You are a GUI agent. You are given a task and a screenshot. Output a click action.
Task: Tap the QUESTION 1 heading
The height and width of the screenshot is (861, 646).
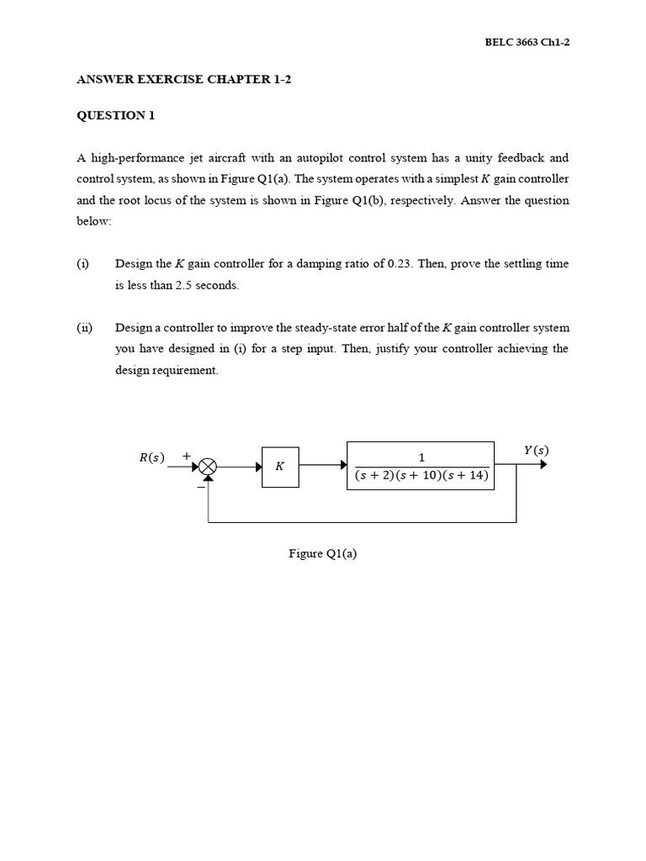pos(116,116)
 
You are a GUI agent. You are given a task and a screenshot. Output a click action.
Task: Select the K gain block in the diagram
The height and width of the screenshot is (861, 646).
pos(280,465)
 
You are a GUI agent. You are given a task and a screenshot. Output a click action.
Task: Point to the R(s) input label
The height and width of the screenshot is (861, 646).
pos(152,457)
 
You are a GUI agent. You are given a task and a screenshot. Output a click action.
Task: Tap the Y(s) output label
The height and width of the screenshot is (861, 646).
pos(536,450)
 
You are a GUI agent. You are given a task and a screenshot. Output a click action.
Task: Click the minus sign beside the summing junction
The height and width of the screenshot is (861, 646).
pos(200,485)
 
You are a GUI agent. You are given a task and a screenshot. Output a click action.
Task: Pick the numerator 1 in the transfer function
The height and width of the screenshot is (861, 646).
pos(421,457)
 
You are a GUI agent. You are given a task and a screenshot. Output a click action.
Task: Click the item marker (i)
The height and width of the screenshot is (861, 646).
pos(82,263)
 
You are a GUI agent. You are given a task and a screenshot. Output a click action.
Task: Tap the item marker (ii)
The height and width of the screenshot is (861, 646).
pos(84,327)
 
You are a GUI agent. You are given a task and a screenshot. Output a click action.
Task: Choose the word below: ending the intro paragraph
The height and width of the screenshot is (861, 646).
pos(93,221)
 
